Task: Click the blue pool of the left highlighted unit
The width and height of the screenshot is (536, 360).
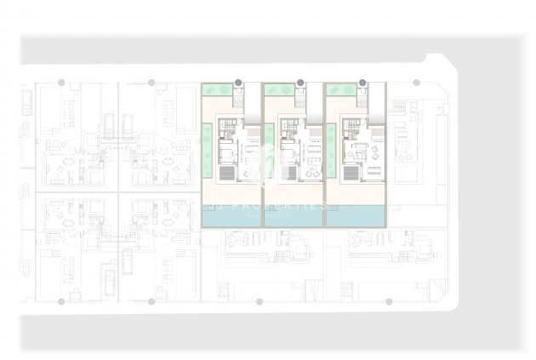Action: [229, 219]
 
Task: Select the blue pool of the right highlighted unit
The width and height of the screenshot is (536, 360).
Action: [355, 219]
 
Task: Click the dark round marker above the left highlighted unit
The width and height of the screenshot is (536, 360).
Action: [238, 83]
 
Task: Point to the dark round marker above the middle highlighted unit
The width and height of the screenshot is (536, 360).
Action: [300, 83]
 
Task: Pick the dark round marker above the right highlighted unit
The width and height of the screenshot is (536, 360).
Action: [363, 83]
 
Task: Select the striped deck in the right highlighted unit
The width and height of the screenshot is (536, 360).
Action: [351, 172]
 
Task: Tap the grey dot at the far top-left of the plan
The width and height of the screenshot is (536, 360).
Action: [60, 83]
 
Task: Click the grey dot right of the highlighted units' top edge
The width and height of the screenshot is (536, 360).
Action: [416, 83]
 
